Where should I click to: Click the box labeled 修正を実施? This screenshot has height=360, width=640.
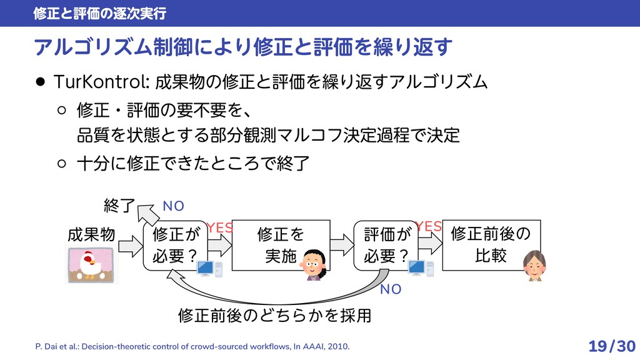(x=280, y=245)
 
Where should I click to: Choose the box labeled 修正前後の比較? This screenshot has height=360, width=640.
(x=490, y=245)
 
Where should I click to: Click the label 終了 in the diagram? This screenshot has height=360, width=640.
(x=119, y=204)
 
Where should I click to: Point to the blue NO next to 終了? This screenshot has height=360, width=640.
(x=172, y=207)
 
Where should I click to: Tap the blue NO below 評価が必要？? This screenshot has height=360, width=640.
(x=391, y=289)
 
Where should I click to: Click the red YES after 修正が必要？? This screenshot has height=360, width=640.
(x=219, y=228)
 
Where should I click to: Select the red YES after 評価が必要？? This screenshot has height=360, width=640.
(x=430, y=227)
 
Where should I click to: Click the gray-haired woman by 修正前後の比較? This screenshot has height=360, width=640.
(x=534, y=265)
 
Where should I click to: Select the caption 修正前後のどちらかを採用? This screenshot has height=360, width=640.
(x=274, y=315)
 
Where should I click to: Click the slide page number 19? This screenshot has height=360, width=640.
(x=598, y=346)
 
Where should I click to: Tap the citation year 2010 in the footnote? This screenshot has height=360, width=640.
(x=341, y=346)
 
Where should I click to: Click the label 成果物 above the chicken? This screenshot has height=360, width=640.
(x=91, y=235)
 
